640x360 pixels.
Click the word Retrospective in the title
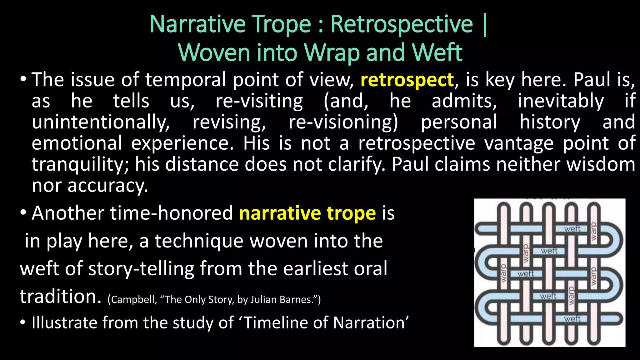(402, 24)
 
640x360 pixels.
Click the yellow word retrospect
(407, 80)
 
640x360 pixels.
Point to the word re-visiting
(259, 101)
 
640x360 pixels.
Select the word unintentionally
(101, 122)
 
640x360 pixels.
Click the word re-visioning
(343, 122)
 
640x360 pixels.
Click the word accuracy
(107, 186)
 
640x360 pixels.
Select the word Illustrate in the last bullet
(64, 323)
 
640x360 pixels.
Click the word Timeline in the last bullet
(276, 323)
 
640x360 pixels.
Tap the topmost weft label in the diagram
(572, 229)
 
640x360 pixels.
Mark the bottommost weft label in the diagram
(572, 319)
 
